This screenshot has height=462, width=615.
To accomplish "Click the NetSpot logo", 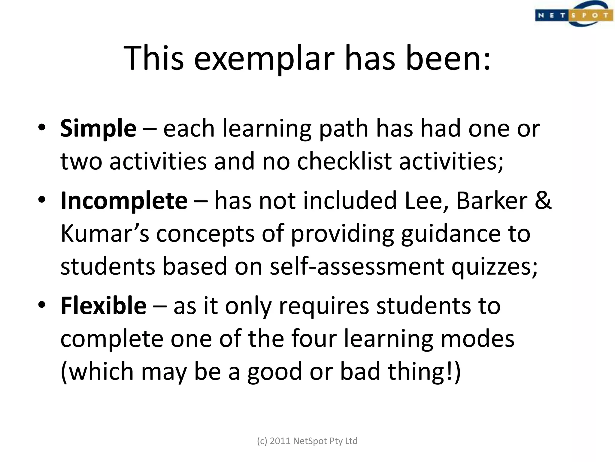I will point(574,14).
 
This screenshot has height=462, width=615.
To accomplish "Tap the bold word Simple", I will point(98,129).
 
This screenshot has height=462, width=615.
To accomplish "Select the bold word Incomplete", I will point(124,201).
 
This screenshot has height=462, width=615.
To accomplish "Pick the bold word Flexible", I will point(103,306).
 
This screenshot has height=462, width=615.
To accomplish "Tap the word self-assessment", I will point(357,266).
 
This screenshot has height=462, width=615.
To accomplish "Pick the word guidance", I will point(450,234).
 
